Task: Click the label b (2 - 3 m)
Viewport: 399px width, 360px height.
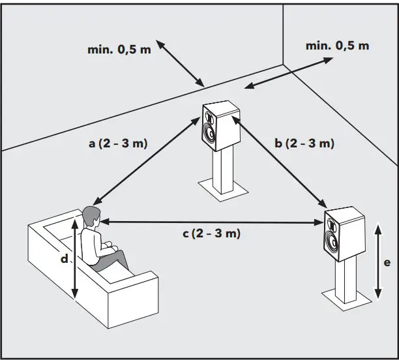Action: click(x=304, y=143)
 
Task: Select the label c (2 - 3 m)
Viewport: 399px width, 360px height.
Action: click(x=212, y=233)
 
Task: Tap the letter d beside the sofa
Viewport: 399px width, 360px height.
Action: click(x=65, y=259)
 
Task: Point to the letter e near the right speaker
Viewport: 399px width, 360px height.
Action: click(x=387, y=262)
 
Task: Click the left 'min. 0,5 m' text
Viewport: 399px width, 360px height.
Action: click(x=119, y=50)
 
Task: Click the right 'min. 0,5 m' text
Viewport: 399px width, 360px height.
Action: click(x=337, y=46)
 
